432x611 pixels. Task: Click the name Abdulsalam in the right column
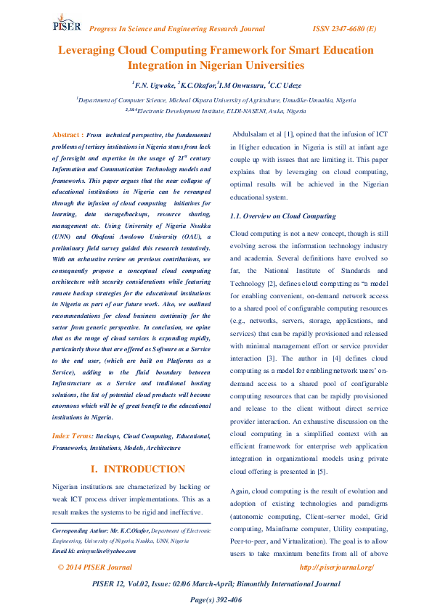coord(256,134)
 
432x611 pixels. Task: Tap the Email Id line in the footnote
coord(96,550)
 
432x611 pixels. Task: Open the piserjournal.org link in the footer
coord(337,566)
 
